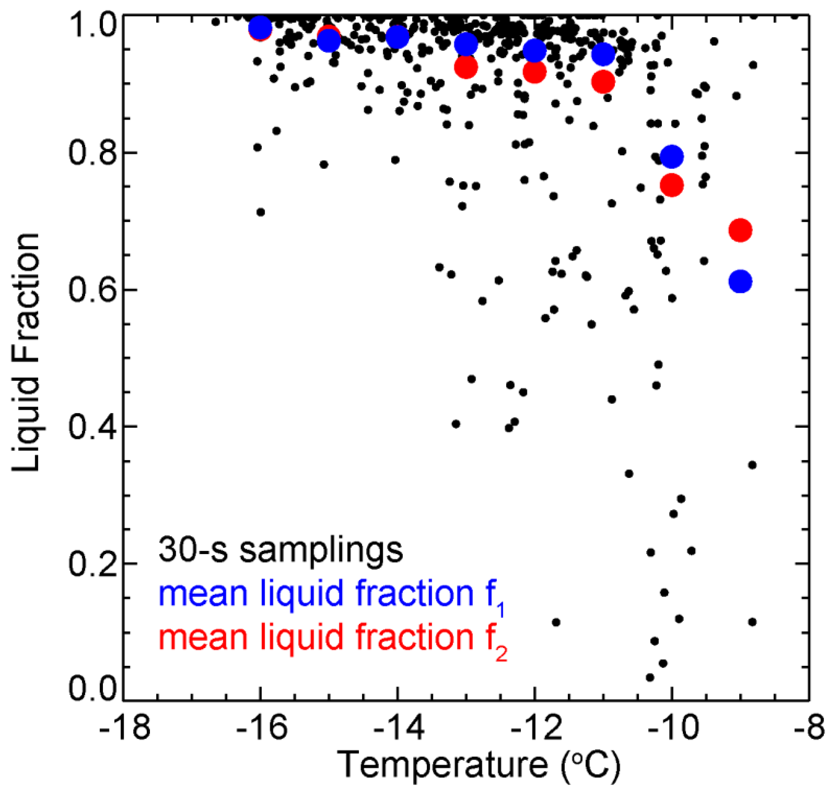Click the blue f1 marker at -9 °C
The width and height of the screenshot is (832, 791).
740,281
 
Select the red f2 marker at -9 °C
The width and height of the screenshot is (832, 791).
740,230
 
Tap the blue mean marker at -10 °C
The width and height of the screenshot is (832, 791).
672,157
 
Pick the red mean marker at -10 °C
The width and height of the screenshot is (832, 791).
672,185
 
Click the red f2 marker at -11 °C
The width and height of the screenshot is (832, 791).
603,82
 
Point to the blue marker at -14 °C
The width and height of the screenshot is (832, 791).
397,37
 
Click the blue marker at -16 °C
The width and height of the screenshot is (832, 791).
260,27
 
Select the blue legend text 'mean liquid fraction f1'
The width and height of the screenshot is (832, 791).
331,594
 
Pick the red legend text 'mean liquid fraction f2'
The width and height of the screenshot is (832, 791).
332,637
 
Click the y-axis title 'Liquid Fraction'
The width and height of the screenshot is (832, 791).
26,352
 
